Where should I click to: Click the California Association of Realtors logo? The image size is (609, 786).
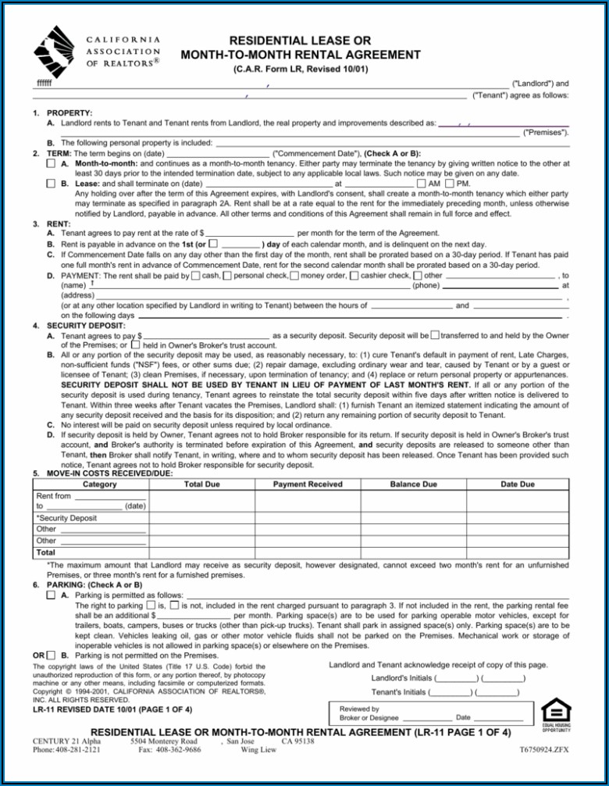point(58,50)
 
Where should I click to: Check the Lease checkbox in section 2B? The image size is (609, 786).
point(51,183)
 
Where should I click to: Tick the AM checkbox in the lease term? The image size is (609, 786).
point(422,183)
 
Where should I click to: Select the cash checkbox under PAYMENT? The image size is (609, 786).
point(195,275)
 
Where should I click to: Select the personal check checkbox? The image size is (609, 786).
point(227,275)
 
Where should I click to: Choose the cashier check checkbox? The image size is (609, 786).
point(355,275)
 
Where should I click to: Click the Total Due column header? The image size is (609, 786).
point(201,484)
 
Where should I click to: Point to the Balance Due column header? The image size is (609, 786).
point(413,484)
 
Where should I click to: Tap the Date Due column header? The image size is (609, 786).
point(518,484)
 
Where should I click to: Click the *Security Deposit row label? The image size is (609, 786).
point(67,517)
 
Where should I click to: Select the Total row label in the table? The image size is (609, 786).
point(46,552)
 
